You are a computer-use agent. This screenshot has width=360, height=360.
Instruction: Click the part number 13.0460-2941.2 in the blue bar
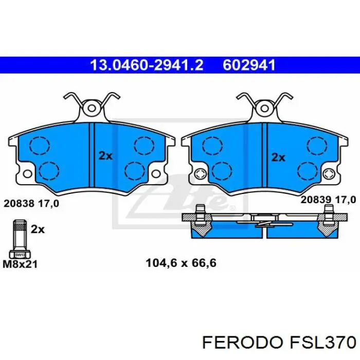pos(147,65)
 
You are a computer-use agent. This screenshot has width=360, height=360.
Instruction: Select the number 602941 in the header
pos(249,65)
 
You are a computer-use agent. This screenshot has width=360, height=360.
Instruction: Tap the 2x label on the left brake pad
pos(105,156)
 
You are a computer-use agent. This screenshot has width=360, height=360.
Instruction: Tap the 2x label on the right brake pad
pos(278,157)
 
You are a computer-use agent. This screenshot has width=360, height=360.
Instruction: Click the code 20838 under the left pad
pos(19,203)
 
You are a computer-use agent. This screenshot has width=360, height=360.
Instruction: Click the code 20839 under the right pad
pos(315,199)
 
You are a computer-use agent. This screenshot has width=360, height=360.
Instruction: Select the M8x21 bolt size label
pos(20,264)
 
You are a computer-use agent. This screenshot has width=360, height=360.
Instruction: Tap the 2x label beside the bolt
pos(38,229)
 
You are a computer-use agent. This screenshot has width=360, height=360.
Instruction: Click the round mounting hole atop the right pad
pos(265,109)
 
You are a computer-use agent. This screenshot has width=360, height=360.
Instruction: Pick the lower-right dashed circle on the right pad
pos(309,170)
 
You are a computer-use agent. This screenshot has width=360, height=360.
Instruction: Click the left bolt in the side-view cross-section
pos(200,219)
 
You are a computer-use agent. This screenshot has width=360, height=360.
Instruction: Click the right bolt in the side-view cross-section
pos(328,219)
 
